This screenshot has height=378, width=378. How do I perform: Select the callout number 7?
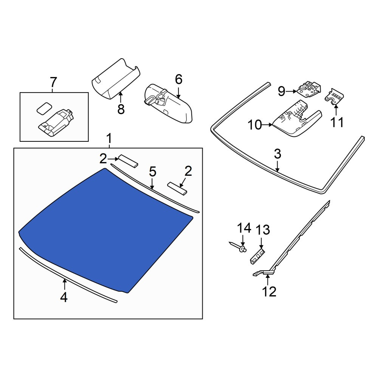coord(53,82)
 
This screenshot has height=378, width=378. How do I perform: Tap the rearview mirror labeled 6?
coord(168,103)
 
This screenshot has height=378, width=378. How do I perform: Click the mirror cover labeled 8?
coord(116,79)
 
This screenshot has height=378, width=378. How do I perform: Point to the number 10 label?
coord(254,125)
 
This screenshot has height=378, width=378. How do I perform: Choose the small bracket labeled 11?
coord(335,97)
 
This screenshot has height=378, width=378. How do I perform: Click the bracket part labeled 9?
coord(310,90)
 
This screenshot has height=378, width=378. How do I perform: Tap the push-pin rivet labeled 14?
coord(237,247)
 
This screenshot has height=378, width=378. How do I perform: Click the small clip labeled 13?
coord(257,257)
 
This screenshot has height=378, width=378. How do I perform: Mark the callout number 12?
coord(269,292)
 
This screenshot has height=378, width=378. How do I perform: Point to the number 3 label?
coord(277,154)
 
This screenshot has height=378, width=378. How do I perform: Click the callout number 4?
coord(64,297)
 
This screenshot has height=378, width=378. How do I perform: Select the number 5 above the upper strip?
coord(153,172)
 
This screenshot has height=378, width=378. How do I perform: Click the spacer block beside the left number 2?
coord(128,161)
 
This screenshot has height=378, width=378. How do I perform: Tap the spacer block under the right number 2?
coord(177,189)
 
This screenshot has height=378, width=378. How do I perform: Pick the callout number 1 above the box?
coord(110,139)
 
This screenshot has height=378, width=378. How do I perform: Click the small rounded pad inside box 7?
coord(44,108)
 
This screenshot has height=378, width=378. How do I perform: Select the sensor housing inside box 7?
coord(56,123)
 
